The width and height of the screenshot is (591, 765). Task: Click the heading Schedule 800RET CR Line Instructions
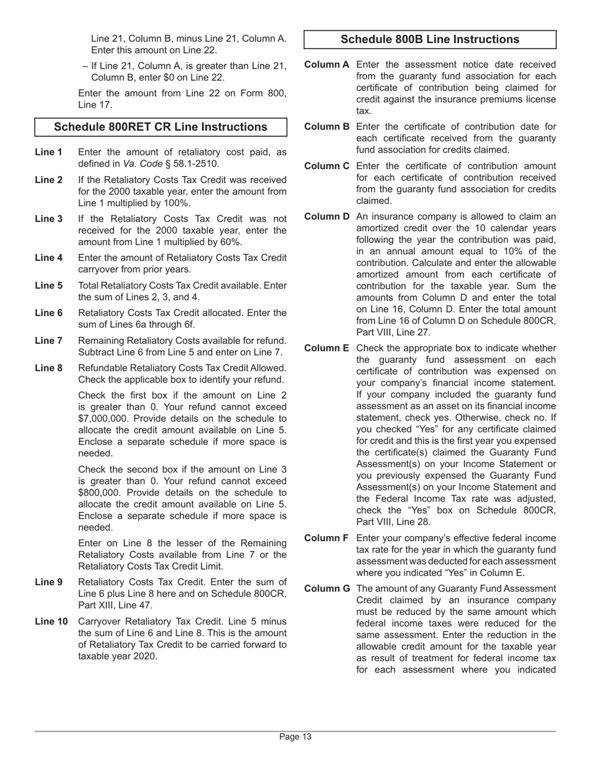pyautogui.click(x=161, y=127)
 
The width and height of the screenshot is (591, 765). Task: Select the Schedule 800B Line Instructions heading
pyautogui.click(x=430, y=39)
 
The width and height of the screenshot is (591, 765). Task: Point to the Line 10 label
pyautogui.click(x=51, y=621)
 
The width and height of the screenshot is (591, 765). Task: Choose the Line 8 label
pyautogui.click(x=49, y=368)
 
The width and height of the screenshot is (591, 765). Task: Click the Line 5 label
pyautogui.click(x=49, y=285)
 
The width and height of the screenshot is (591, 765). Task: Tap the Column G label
pyautogui.click(x=327, y=588)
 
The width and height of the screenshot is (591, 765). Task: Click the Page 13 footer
pyautogui.click(x=295, y=737)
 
